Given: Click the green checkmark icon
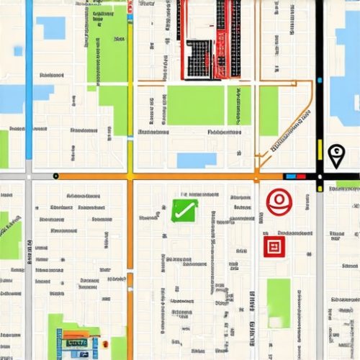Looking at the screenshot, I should pyautogui.click(x=184, y=210).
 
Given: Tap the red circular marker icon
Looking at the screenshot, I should pyautogui.click(x=278, y=202).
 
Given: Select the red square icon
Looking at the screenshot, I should pyautogui.click(x=274, y=247).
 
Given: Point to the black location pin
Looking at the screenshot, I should pyautogui.click(x=336, y=155).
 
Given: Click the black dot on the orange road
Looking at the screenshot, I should pyautogui.click(x=55, y=176).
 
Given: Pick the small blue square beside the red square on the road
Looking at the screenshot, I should pyautogui.click(x=291, y=176).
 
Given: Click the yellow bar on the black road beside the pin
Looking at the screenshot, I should pyautogui.click(x=320, y=150).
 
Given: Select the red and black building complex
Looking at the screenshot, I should pyautogui.click(x=209, y=40).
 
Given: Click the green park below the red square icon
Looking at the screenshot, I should pyautogui.click(x=279, y=302).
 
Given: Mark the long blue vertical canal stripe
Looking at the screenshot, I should pyautogui.click(x=29, y=79).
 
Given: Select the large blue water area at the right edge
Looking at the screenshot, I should pyautogui.click(x=344, y=65).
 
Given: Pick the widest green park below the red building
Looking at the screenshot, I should pyautogui.click(x=195, y=105).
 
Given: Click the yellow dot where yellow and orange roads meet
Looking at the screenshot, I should pyautogui.click(x=130, y=176).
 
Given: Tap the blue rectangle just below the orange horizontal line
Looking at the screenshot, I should pyautogui.click(x=196, y=160).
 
